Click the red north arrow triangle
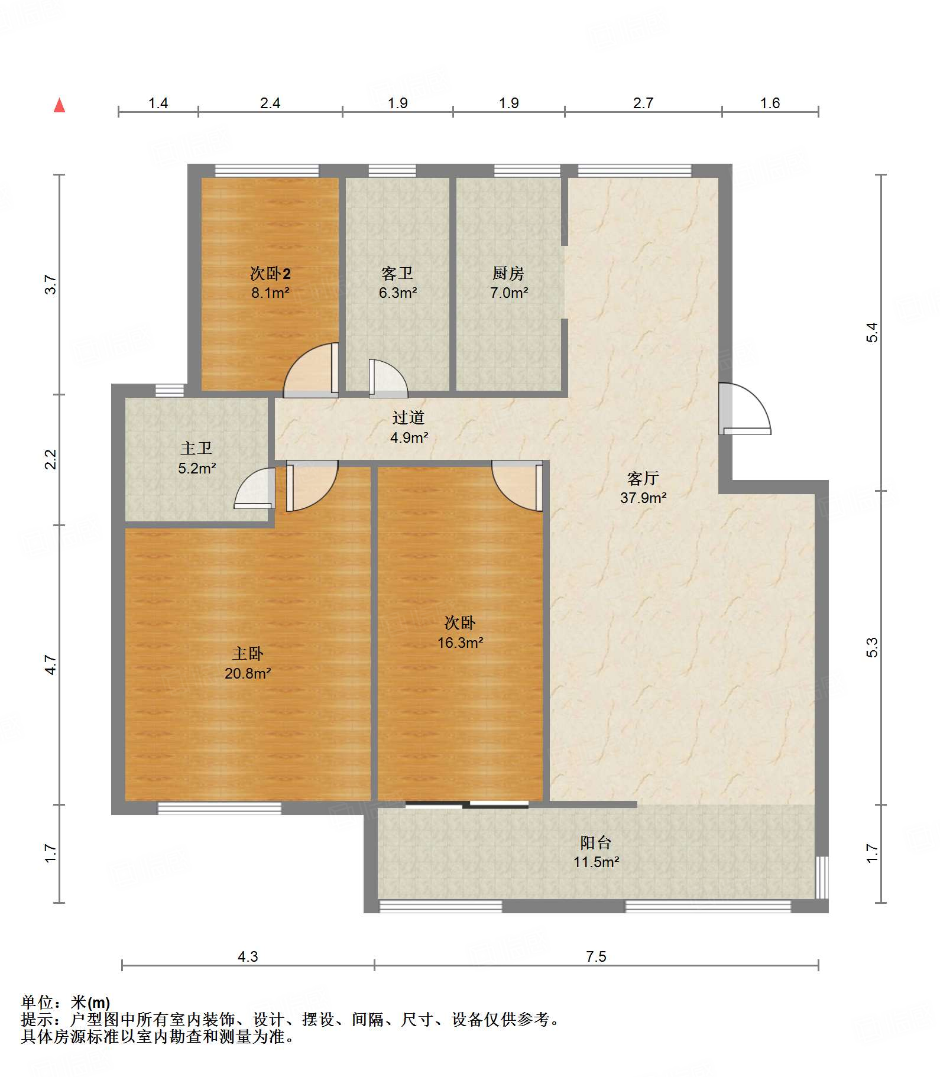click(59, 105)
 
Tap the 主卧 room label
click(248, 653)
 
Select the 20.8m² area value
click(248, 673)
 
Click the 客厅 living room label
click(643, 478)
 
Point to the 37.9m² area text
click(643, 498)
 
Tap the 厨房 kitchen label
click(508, 273)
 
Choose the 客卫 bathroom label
click(397, 273)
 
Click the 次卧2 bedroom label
click(270, 273)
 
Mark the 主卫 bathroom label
click(197, 448)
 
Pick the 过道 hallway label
click(409, 417)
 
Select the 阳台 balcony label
click(596, 842)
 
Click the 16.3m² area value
click(461, 643)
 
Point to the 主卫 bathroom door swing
click(255, 488)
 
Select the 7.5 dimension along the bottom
click(596, 956)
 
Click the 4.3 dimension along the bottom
click(248, 956)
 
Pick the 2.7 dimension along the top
click(643, 103)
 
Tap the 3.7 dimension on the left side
click(51, 285)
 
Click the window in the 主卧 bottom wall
click(219, 808)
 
